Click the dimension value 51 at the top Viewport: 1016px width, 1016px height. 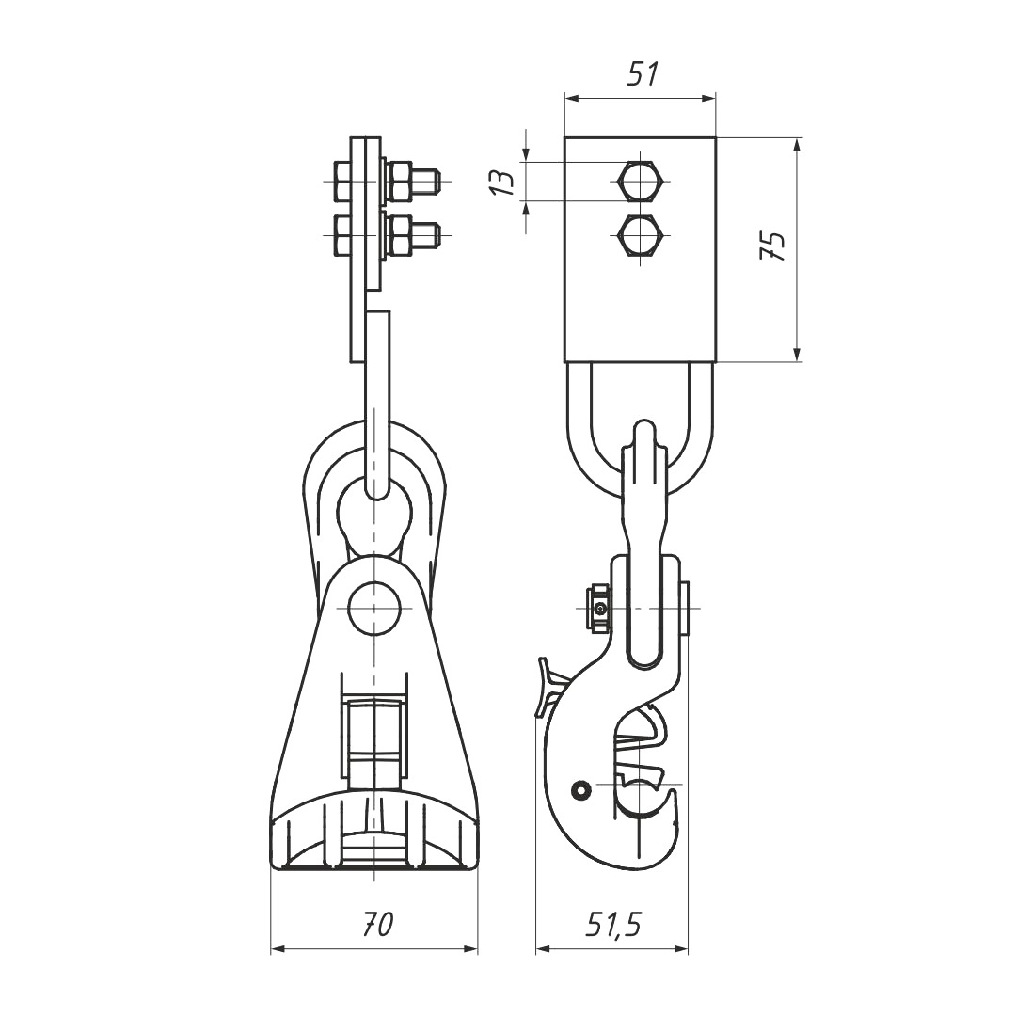point(643,74)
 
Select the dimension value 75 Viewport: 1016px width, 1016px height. point(772,246)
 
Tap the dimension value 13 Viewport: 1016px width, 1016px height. point(502,183)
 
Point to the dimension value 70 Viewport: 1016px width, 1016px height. point(377,925)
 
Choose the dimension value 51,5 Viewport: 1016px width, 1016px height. point(612,926)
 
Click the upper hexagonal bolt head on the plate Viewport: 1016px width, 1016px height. point(640,182)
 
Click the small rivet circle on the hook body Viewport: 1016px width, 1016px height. point(581,789)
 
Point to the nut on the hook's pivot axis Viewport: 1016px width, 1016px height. point(598,608)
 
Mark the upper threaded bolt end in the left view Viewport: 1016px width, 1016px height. point(426,182)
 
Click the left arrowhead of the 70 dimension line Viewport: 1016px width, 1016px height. point(278,950)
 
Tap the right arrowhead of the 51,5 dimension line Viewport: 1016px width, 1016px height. point(680,950)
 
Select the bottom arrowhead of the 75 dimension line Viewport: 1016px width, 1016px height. point(797,353)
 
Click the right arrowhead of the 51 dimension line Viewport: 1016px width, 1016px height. point(708,99)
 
